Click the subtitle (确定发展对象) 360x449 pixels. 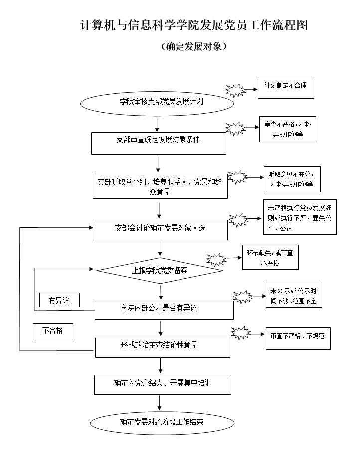[x=194, y=47]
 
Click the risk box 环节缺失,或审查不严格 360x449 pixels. [x=270, y=258]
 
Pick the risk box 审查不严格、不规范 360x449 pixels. [x=298, y=337]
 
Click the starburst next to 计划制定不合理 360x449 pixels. [x=235, y=90]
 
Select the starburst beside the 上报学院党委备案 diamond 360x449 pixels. [x=216, y=259]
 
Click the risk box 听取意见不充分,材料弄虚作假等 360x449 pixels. [x=292, y=179]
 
